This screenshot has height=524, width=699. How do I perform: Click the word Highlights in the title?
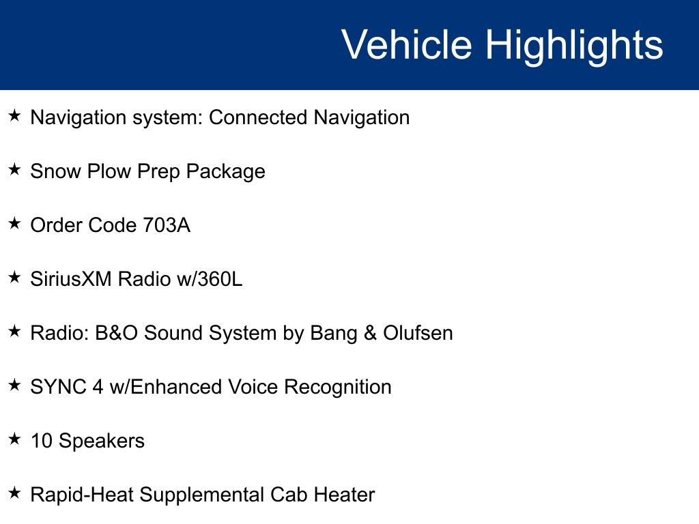(x=574, y=45)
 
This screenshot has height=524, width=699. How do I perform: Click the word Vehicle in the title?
(x=407, y=45)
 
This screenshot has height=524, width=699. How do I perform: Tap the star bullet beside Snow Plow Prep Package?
(x=14, y=170)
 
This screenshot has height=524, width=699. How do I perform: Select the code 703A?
(x=167, y=225)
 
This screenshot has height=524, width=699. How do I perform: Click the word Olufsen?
(x=418, y=333)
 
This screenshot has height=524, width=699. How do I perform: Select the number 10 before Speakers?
(x=42, y=441)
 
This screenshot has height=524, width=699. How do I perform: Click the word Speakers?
(x=102, y=441)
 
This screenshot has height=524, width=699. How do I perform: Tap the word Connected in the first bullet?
(x=258, y=117)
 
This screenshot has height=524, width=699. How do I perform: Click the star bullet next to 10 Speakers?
(x=14, y=439)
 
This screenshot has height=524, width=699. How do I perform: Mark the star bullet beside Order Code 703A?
(x=14, y=224)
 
